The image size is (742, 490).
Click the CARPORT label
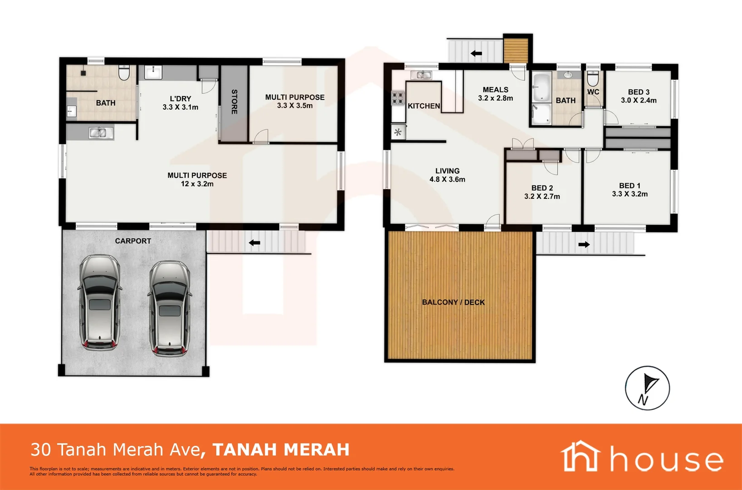[133, 241]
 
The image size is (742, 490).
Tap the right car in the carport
[169, 308]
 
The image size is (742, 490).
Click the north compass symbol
[647, 388]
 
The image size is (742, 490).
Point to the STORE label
[234, 102]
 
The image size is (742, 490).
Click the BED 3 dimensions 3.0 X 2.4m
[639, 101]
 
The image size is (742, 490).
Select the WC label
[593, 92]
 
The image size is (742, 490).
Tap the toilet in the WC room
[593, 78]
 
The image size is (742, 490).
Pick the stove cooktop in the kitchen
[398, 98]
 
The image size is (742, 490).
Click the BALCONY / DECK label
[453, 302]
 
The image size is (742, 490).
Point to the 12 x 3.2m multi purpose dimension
[197, 184]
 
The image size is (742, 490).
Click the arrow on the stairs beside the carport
[254, 243]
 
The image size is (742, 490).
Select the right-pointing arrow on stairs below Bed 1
[584, 245]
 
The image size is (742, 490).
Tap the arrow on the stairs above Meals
[476, 54]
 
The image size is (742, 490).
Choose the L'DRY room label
[180, 98]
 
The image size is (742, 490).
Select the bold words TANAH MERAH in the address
[281, 450]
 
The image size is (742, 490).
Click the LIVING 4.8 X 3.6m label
[447, 175]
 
